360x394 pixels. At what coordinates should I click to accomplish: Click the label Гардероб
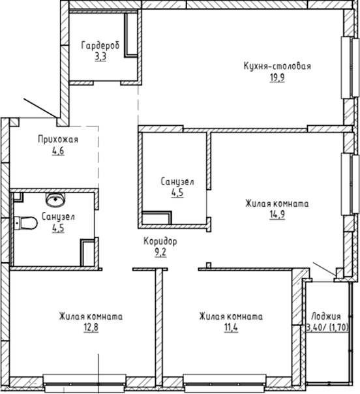(x=100, y=46)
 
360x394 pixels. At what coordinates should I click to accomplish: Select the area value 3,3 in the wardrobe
(x=100, y=57)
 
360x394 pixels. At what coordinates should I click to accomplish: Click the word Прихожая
(x=57, y=140)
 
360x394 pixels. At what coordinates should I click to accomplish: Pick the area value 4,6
(x=57, y=151)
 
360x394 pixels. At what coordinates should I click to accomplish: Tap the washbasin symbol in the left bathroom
(x=53, y=198)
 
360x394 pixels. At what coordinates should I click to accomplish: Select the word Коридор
(x=160, y=241)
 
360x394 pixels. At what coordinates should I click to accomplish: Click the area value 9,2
(x=160, y=252)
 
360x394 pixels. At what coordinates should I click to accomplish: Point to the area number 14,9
(x=277, y=215)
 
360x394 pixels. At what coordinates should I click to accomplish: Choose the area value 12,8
(x=90, y=327)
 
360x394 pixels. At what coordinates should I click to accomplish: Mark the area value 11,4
(x=231, y=327)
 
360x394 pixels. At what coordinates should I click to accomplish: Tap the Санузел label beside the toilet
(x=58, y=217)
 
